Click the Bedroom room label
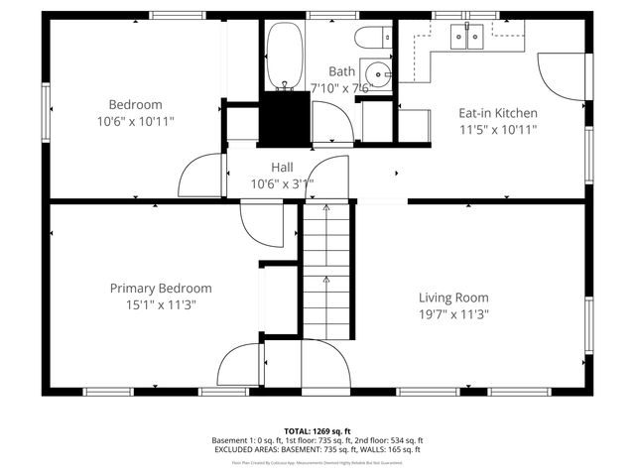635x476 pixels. click(x=135, y=104)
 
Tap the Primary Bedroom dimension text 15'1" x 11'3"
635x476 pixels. click(x=160, y=304)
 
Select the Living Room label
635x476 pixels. click(x=453, y=297)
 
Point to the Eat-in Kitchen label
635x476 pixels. click(x=497, y=113)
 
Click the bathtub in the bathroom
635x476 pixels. click(x=284, y=57)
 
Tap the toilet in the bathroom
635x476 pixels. click(x=373, y=39)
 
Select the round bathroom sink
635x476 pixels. click(x=377, y=73)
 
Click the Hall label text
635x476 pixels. click(x=282, y=168)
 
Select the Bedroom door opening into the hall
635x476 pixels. click(x=201, y=177)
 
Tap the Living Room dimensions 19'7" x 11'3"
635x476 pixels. click(x=453, y=313)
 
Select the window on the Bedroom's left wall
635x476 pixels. click(x=46, y=105)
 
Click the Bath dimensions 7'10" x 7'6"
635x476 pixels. click(x=341, y=87)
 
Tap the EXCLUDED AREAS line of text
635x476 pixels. click(x=317, y=449)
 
